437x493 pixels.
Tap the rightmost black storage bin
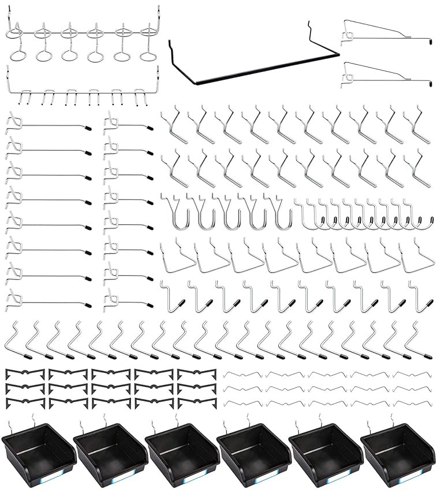396,453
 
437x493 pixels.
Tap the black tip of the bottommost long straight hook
87,303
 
